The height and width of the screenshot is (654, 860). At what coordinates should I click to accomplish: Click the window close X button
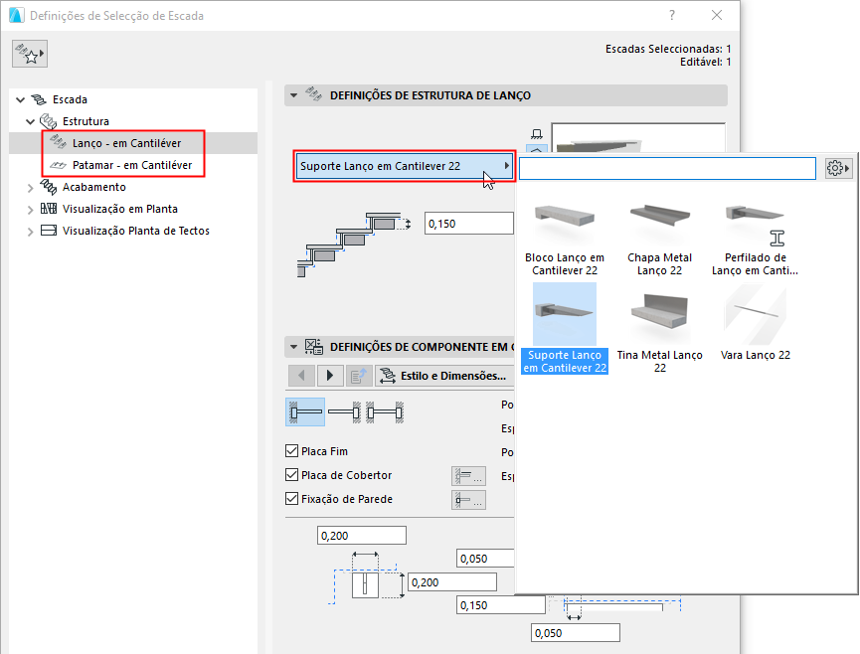point(716,15)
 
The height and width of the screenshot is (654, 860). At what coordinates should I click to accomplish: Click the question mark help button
point(672,15)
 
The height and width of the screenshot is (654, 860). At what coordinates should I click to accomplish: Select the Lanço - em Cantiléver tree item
point(126,143)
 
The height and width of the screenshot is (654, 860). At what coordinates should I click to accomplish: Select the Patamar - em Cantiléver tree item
point(131,165)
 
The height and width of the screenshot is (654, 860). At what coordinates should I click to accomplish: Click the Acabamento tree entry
point(93,187)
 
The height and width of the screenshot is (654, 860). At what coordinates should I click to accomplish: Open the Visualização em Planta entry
point(120,209)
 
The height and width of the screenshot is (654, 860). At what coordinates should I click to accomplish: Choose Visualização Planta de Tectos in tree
point(135,231)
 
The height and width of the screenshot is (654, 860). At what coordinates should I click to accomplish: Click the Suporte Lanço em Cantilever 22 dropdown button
point(405,166)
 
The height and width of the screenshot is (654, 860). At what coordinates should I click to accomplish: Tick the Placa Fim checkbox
point(292,451)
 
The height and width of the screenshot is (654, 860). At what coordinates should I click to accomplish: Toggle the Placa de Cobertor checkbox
point(292,475)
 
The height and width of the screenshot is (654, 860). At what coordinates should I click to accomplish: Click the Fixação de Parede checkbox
point(292,499)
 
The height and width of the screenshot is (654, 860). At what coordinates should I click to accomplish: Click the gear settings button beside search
point(838,168)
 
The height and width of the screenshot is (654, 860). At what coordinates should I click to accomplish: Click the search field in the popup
point(666,168)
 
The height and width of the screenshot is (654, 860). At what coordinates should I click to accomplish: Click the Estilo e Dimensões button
point(443,377)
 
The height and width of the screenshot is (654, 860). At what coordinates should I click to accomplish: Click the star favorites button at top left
point(30,55)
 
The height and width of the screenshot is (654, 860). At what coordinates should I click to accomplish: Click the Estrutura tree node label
point(86,121)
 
